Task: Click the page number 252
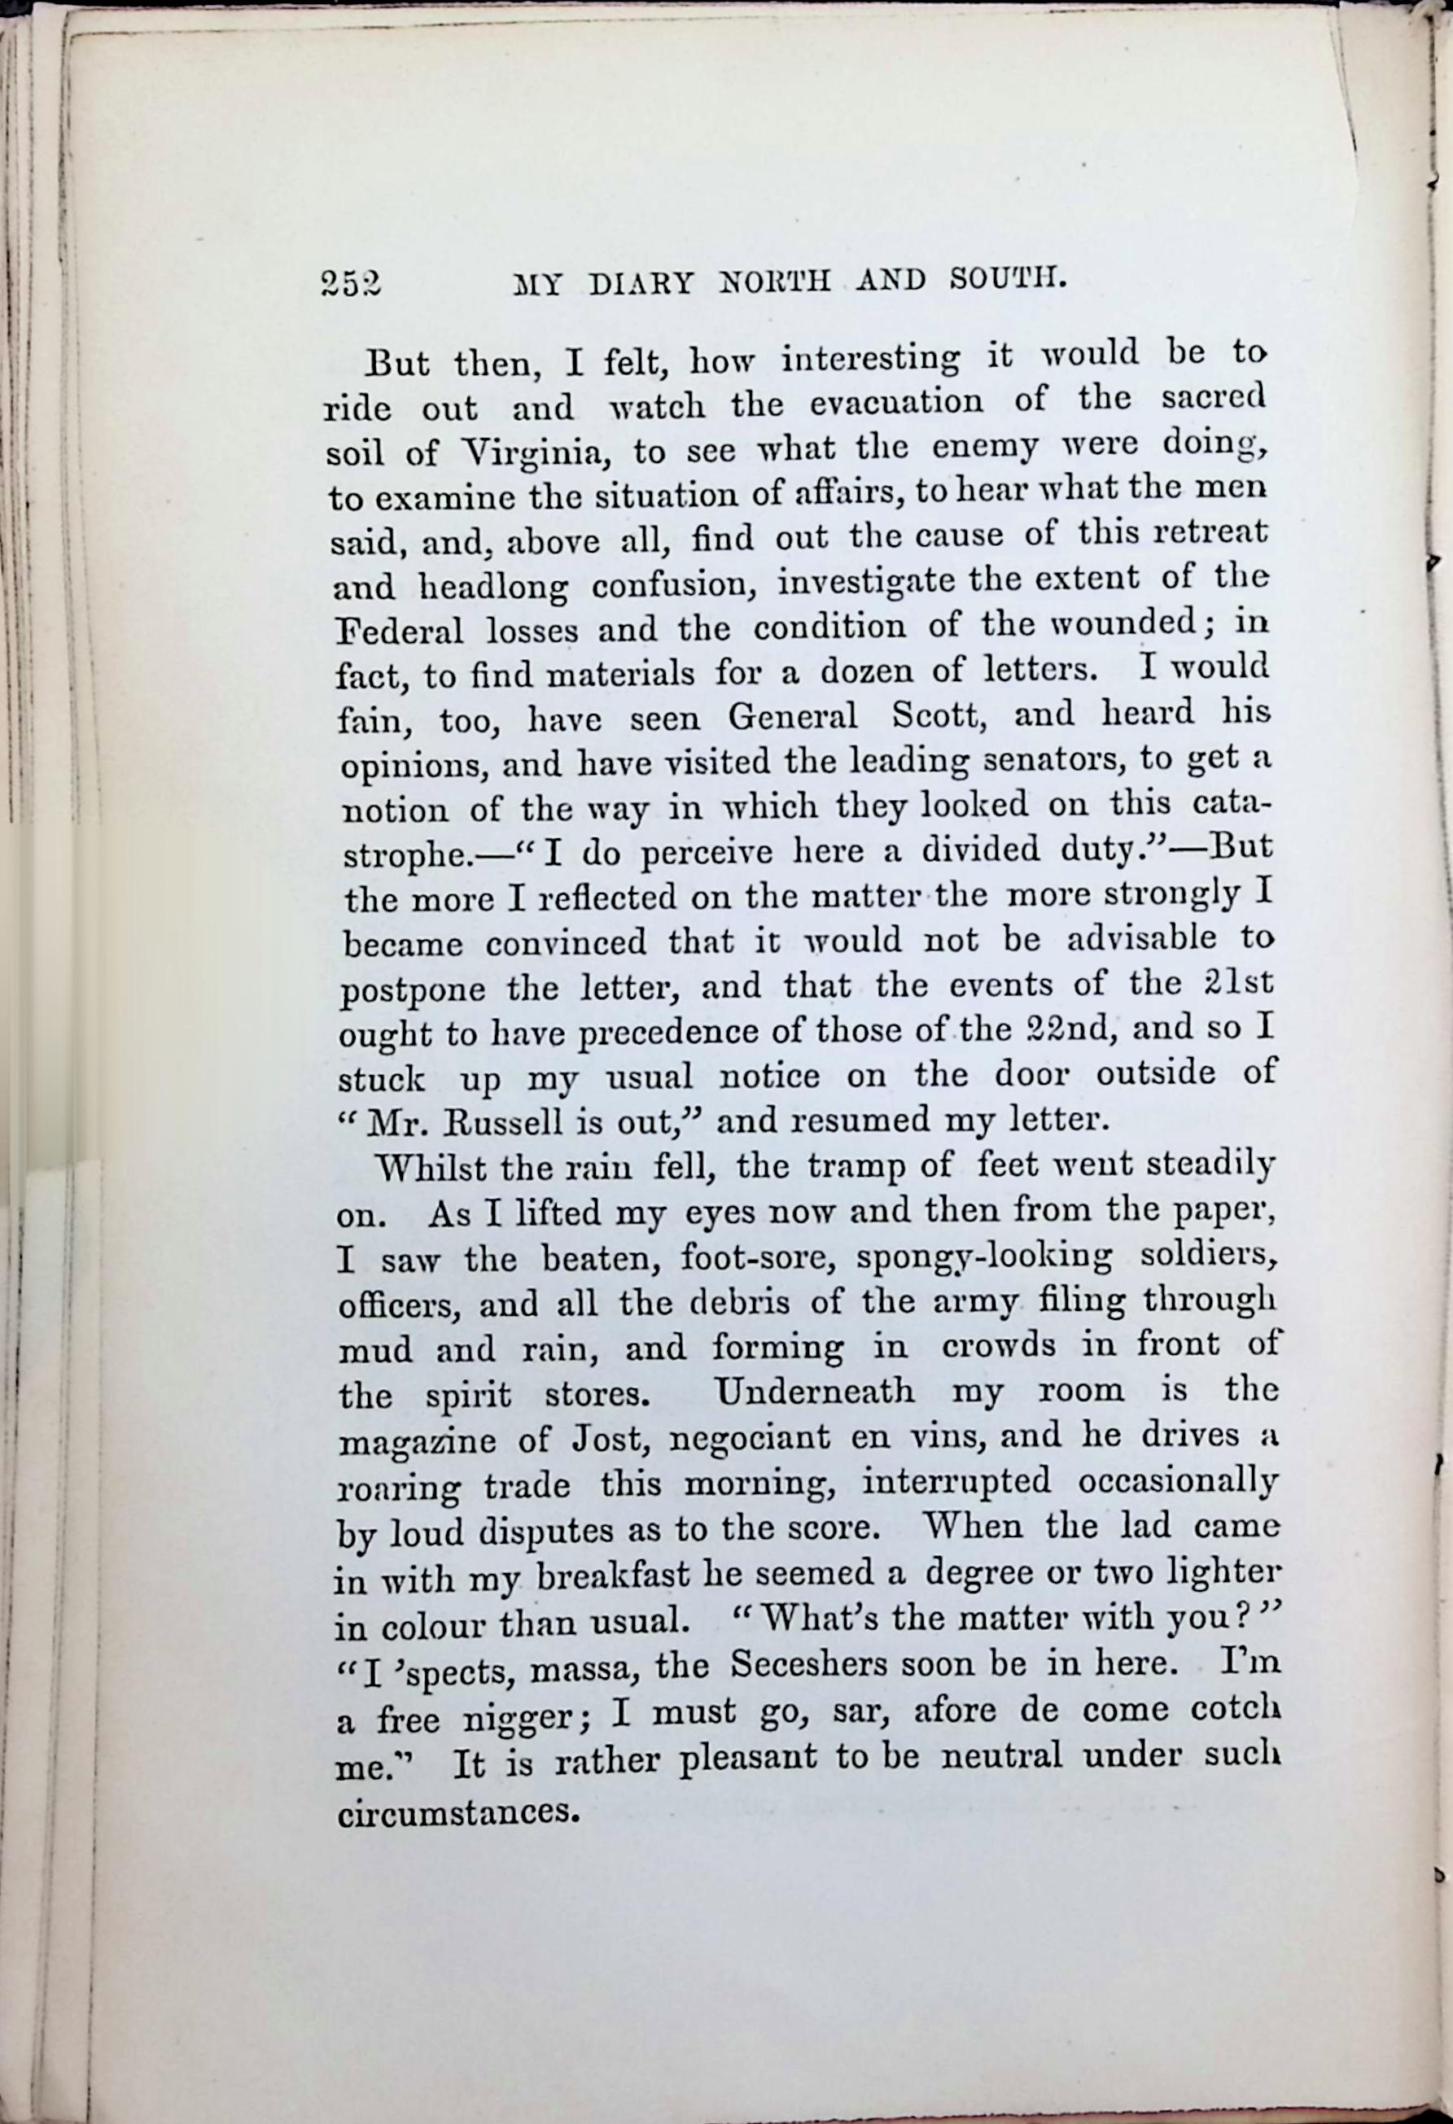point(351,284)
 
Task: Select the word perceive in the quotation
point(706,853)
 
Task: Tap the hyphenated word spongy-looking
point(985,1258)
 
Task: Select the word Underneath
point(815,1391)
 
